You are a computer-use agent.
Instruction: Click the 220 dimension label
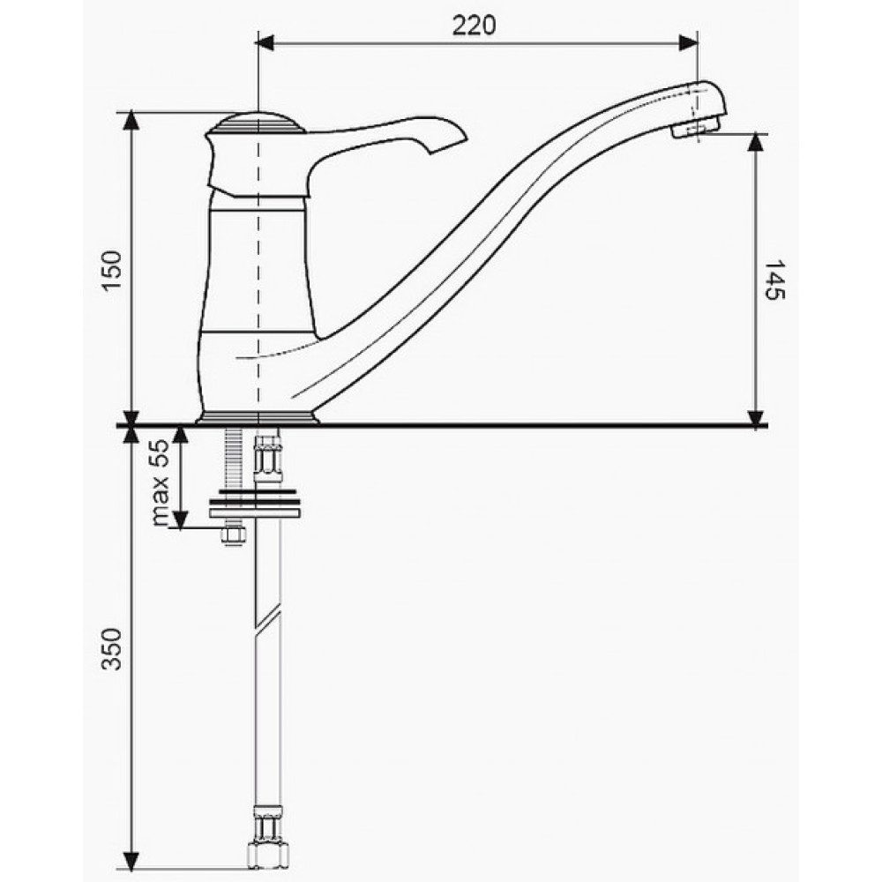(x=474, y=26)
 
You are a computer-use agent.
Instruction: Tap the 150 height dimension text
(x=111, y=271)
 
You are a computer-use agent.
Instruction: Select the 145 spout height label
(x=774, y=280)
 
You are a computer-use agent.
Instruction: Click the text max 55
(x=161, y=482)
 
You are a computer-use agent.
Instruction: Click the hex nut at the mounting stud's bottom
(x=232, y=535)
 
